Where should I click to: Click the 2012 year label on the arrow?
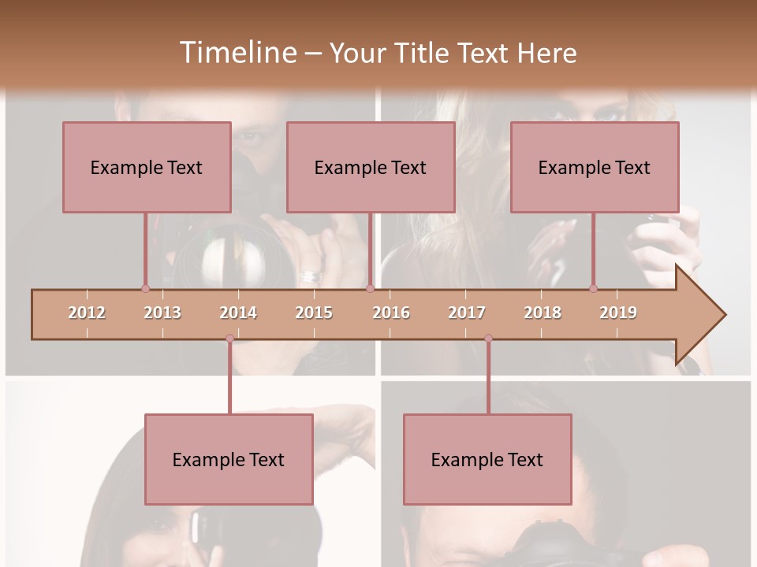point(87,313)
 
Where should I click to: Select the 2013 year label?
point(162,313)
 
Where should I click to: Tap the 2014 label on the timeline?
point(238,313)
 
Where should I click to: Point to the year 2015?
point(314,313)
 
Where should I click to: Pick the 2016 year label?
point(391,313)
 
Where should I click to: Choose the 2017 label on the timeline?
point(467,313)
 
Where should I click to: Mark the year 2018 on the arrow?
point(543,313)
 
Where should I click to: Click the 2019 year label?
point(618,313)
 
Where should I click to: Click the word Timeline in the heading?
point(237,53)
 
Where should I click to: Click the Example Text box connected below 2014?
point(229,459)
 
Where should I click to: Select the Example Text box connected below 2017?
point(487,459)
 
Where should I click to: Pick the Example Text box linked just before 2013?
point(147,167)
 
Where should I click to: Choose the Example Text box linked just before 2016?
point(371,167)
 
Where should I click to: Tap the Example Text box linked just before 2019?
point(595,167)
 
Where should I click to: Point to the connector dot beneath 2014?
point(229,339)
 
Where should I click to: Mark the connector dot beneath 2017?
point(488,339)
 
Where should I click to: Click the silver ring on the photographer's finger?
point(311,277)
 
